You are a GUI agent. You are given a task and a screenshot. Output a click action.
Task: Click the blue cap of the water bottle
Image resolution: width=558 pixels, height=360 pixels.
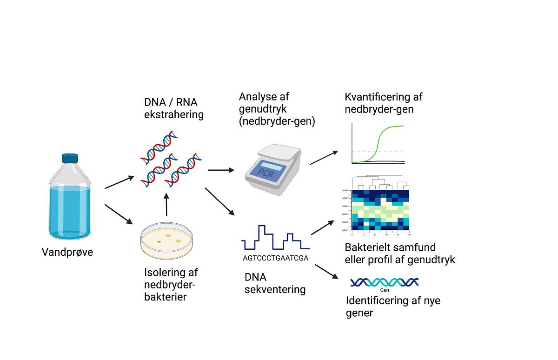pos(70,159)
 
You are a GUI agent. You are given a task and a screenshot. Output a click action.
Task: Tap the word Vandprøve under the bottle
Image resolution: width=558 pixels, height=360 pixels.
pos(67,253)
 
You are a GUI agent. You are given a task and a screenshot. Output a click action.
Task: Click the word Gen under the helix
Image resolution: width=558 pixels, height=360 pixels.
pos(384,290)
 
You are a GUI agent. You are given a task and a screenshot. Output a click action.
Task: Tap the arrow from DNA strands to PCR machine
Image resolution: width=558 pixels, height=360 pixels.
pos(221,170)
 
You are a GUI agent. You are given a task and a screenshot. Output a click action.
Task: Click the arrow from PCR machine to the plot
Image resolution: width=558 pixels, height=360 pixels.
pos(324,157)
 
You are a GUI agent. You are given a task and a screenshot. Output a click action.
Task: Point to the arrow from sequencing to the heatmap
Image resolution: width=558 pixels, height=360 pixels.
pos(324,228)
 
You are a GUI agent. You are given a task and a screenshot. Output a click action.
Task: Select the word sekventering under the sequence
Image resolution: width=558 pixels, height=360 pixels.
pos(275,289)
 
